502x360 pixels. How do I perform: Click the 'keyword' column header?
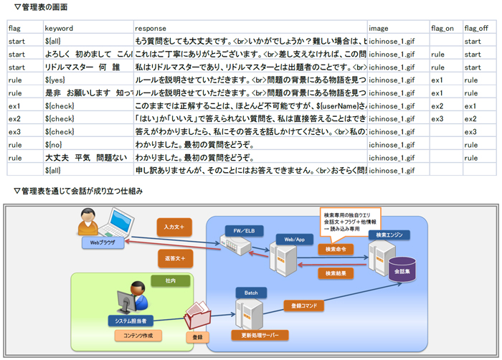click(x=58, y=28)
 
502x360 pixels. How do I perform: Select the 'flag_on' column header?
click(x=442, y=28)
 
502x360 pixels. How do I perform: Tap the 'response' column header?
click(x=150, y=28)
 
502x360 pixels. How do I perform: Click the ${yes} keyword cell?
click(x=55, y=80)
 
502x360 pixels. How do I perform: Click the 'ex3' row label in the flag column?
click(x=15, y=131)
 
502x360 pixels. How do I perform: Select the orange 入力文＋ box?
click(x=174, y=227)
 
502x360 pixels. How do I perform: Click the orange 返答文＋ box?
click(x=174, y=257)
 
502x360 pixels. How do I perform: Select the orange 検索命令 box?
click(x=336, y=249)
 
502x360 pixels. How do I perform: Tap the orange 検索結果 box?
click(x=336, y=273)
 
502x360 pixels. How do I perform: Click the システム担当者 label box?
click(x=133, y=321)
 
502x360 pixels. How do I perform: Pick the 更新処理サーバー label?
click(x=260, y=335)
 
